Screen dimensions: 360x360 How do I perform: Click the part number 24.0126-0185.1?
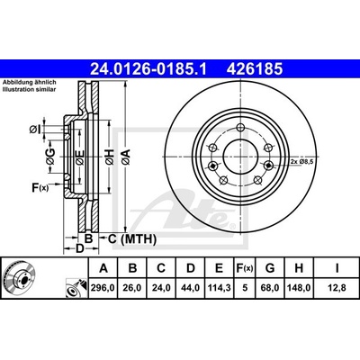coord(148,68)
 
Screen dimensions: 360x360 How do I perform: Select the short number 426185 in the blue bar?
coord(255,68)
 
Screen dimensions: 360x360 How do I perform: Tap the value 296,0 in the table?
coord(103,288)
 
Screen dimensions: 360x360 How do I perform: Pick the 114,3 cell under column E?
coord(219,288)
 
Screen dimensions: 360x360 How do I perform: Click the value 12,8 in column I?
coord(337,288)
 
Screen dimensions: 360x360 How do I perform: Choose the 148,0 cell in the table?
coord(299,288)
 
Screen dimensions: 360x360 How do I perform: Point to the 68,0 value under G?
coord(270,288)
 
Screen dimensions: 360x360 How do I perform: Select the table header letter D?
coord(191,268)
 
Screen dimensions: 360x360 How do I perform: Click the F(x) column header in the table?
coord(245,268)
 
